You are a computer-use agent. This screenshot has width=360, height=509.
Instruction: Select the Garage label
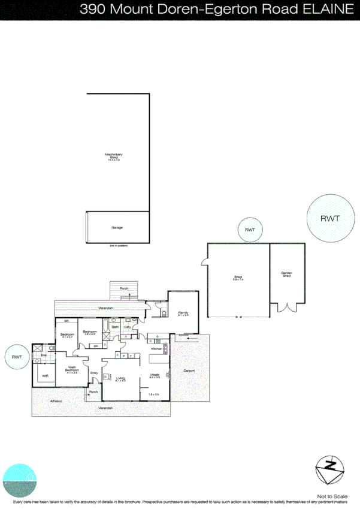tap(117, 228)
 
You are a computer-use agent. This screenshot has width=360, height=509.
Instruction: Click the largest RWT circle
tap(329, 218)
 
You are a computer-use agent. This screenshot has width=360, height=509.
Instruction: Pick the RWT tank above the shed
tap(249, 230)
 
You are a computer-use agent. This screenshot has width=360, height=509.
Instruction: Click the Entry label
tap(93, 373)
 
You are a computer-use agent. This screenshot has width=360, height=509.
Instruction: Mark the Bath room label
tap(114, 327)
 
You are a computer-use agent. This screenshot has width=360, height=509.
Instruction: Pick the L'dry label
tap(128, 327)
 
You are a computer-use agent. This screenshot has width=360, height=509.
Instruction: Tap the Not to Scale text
tap(332, 496)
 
